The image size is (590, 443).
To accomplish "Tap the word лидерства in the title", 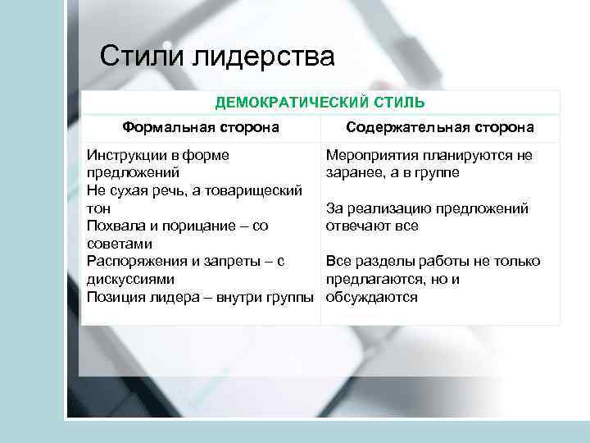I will (265, 57).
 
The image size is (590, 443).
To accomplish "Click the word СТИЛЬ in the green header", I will (397, 103).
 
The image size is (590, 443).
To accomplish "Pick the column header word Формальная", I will (166, 128).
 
